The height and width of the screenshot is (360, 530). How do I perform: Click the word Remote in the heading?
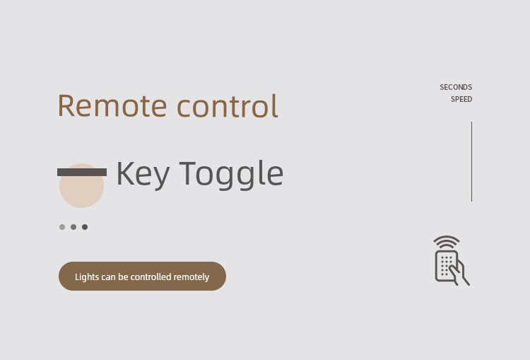112,105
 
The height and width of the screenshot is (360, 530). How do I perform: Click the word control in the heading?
228,105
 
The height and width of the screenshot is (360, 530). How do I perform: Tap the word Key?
143,174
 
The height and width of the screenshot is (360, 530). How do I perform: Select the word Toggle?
231,174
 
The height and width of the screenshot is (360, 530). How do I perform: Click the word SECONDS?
456,87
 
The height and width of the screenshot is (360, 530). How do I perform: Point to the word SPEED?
461,100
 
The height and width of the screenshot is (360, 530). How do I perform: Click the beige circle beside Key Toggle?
81,186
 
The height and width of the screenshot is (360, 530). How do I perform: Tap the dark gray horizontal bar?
82,172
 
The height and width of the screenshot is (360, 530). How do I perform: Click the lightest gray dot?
62,227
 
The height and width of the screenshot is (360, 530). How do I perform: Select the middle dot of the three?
73,227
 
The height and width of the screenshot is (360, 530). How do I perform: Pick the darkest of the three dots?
85,227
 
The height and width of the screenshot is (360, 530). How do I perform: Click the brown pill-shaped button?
142,276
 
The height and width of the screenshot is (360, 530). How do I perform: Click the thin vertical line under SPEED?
471,162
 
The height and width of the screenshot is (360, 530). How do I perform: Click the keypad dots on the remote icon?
446,266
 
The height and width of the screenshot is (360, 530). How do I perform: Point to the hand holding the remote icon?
459,272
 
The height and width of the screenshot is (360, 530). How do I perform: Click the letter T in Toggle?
188,173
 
